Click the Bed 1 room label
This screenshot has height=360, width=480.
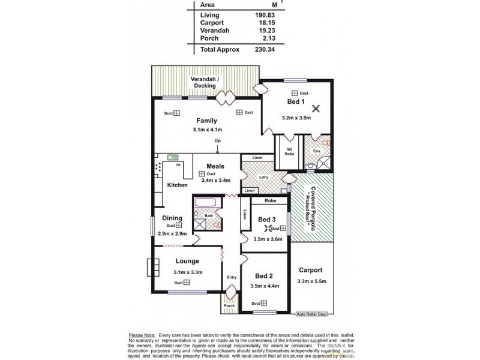tap(296, 103)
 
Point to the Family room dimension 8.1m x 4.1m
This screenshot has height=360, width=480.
tap(207, 129)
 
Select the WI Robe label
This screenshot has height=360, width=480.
tap(289, 151)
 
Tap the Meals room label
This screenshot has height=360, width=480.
tap(215, 166)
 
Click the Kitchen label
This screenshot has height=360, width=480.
tap(177, 185)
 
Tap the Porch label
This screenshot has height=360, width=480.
tap(229, 305)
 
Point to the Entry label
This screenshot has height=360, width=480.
tap(232, 277)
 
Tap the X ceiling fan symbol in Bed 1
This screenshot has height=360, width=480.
tap(316, 109)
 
